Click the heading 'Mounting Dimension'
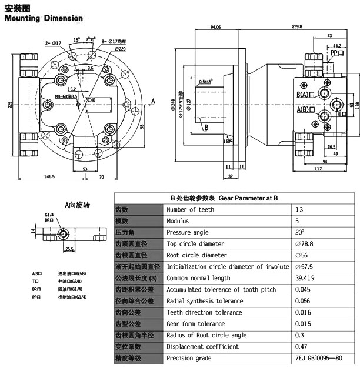click(44, 18)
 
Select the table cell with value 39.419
click(306, 278)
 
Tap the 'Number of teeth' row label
click(190, 209)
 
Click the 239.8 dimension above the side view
click(296, 26)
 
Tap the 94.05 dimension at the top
click(215, 26)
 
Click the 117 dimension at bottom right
click(318, 169)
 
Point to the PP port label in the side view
click(336, 53)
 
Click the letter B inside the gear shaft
click(206, 126)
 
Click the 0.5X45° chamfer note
click(206, 82)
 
